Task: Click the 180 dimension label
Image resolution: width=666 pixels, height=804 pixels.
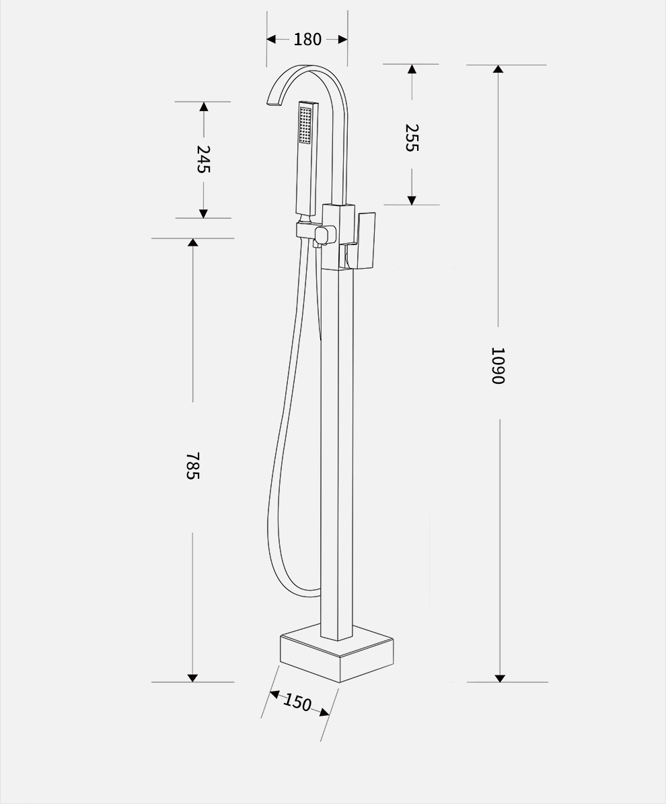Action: pos(307,40)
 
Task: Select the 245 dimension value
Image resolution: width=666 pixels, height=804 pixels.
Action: pos(204,159)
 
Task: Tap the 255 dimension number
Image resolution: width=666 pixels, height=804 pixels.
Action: pos(412,137)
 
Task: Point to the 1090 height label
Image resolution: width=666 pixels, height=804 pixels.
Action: pos(498,366)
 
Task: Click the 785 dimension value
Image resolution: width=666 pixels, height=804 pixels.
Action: pos(192,465)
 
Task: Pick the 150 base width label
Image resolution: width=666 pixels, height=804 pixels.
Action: pos(297,702)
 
